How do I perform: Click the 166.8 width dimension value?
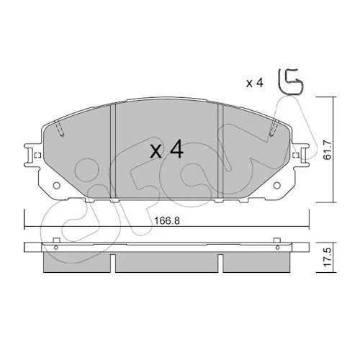click(x=166, y=221)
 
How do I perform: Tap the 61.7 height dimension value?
click(x=328, y=150)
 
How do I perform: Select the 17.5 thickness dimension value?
click(x=328, y=258)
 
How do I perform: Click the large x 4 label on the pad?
click(x=166, y=150)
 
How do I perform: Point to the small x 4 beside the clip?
click(x=255, y=83)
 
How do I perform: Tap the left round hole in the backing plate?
click(x=57, y=185)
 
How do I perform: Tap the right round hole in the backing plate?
click(x=277, y=185)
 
